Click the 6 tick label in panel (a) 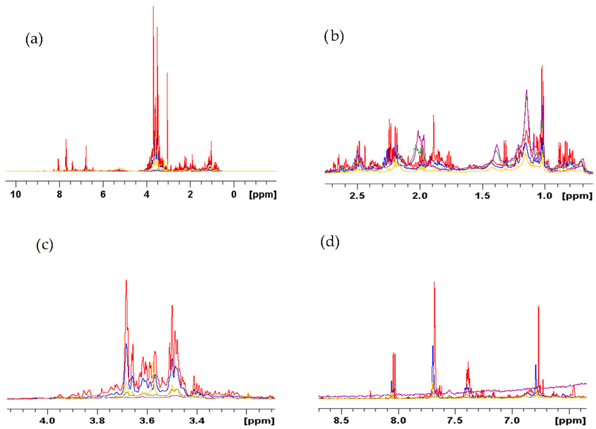pos(103,195)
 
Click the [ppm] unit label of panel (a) pos(263,195)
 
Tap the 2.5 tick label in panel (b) pos(357,197)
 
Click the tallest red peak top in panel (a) pos(153,6)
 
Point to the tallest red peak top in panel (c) pos(126,280)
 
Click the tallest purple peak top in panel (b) pos(527,90)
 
